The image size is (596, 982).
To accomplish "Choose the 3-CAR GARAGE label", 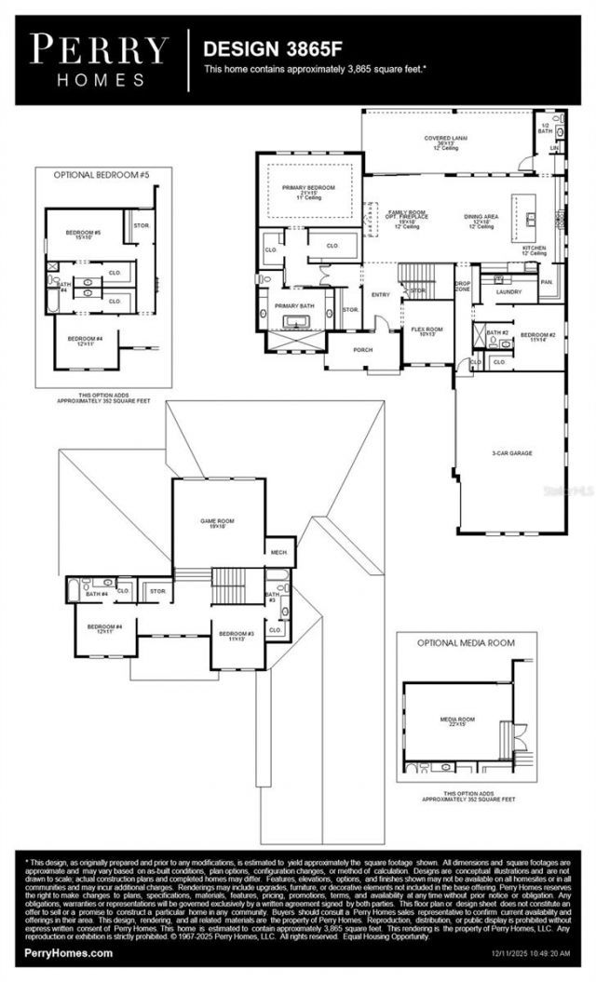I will (x=512, y=453).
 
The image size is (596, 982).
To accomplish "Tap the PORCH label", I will (x=362, y=351).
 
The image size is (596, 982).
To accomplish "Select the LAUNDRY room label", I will (x=508, y=291).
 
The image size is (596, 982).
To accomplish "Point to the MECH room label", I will (x=278, y=552).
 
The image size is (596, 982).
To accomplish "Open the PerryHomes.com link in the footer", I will (x=57, y=952).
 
